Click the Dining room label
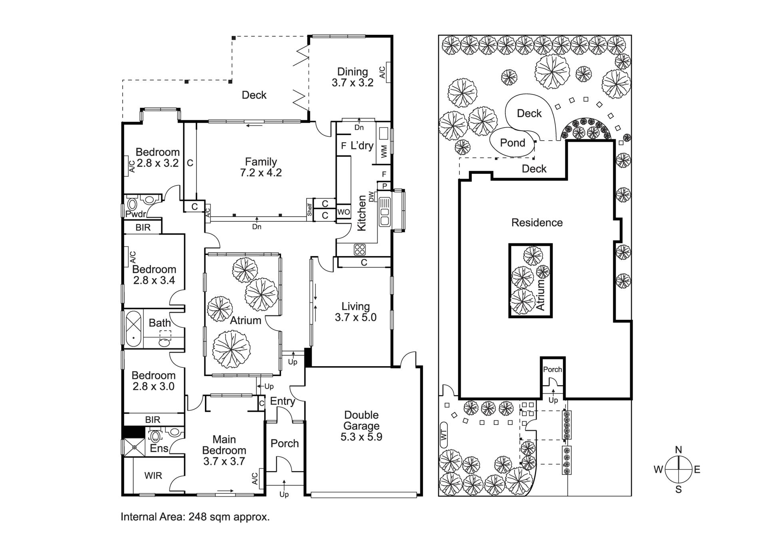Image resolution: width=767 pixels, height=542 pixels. tap(352, 72)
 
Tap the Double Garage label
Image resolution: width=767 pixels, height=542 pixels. tap(361, 420)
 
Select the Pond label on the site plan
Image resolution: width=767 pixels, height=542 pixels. tap(513, 143)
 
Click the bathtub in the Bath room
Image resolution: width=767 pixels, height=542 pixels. tap(134, 329)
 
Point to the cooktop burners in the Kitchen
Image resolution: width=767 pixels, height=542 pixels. tap(360, 249)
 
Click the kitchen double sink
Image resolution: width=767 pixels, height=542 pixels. tap(385, 212)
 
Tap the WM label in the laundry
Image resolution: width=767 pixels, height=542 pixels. tap(384, 151)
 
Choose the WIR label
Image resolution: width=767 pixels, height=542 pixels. tap(153, 476)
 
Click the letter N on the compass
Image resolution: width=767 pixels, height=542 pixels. tap(678, 450)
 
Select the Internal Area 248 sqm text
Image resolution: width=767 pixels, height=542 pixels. tap(195, 517)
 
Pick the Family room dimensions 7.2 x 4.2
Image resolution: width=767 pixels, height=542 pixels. tap(261, 173)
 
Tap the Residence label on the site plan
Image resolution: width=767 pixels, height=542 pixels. tap(537, 223)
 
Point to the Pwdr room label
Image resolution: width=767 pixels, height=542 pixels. tap(135, 214)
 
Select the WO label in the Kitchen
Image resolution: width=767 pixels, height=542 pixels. tap(344, 212)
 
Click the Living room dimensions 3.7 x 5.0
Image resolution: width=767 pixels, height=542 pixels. tap(356, 317)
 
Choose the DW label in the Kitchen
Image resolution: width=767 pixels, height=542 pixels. tap(372, 197)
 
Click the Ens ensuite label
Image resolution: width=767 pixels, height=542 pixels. tap(159, 448)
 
